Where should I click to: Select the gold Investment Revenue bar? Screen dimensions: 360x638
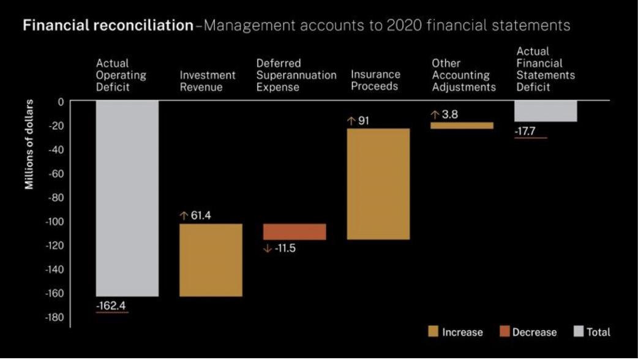211,260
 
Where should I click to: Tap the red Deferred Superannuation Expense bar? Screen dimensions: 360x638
295,231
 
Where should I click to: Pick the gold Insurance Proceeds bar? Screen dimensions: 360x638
378,184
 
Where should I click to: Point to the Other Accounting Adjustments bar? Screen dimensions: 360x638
462,126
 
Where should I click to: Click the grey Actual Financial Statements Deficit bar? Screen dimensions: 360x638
546,111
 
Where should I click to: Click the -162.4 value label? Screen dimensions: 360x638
112,306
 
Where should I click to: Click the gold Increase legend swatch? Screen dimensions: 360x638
433,332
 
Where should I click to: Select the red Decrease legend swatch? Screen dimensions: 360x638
505,332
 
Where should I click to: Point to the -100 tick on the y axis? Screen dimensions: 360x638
52,222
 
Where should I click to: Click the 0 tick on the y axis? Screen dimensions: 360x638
60,102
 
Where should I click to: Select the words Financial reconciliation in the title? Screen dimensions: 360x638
108,26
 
